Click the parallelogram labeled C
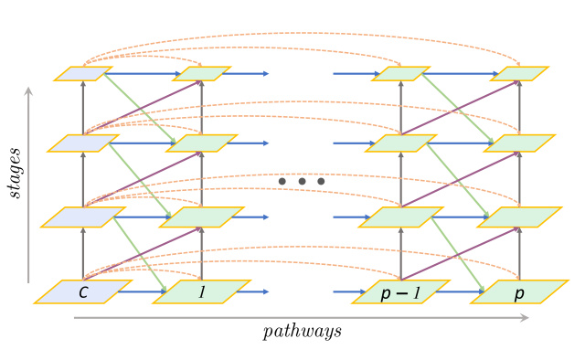click(82, 292)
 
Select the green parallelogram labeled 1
click(201, 292)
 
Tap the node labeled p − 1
click(401, 292)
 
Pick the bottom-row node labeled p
click(519, 292)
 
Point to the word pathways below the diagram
click(303, 331)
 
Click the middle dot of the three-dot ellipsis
click(302, 182)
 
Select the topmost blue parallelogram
click(83, 73)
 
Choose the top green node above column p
click(519, 73)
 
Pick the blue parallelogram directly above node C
click(83, 217)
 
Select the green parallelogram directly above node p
click(519, 217)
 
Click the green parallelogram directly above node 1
click(201, 217)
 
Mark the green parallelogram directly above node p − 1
click(401, 217)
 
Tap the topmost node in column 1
click(201, 73)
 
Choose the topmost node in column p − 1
click(401, 73)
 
